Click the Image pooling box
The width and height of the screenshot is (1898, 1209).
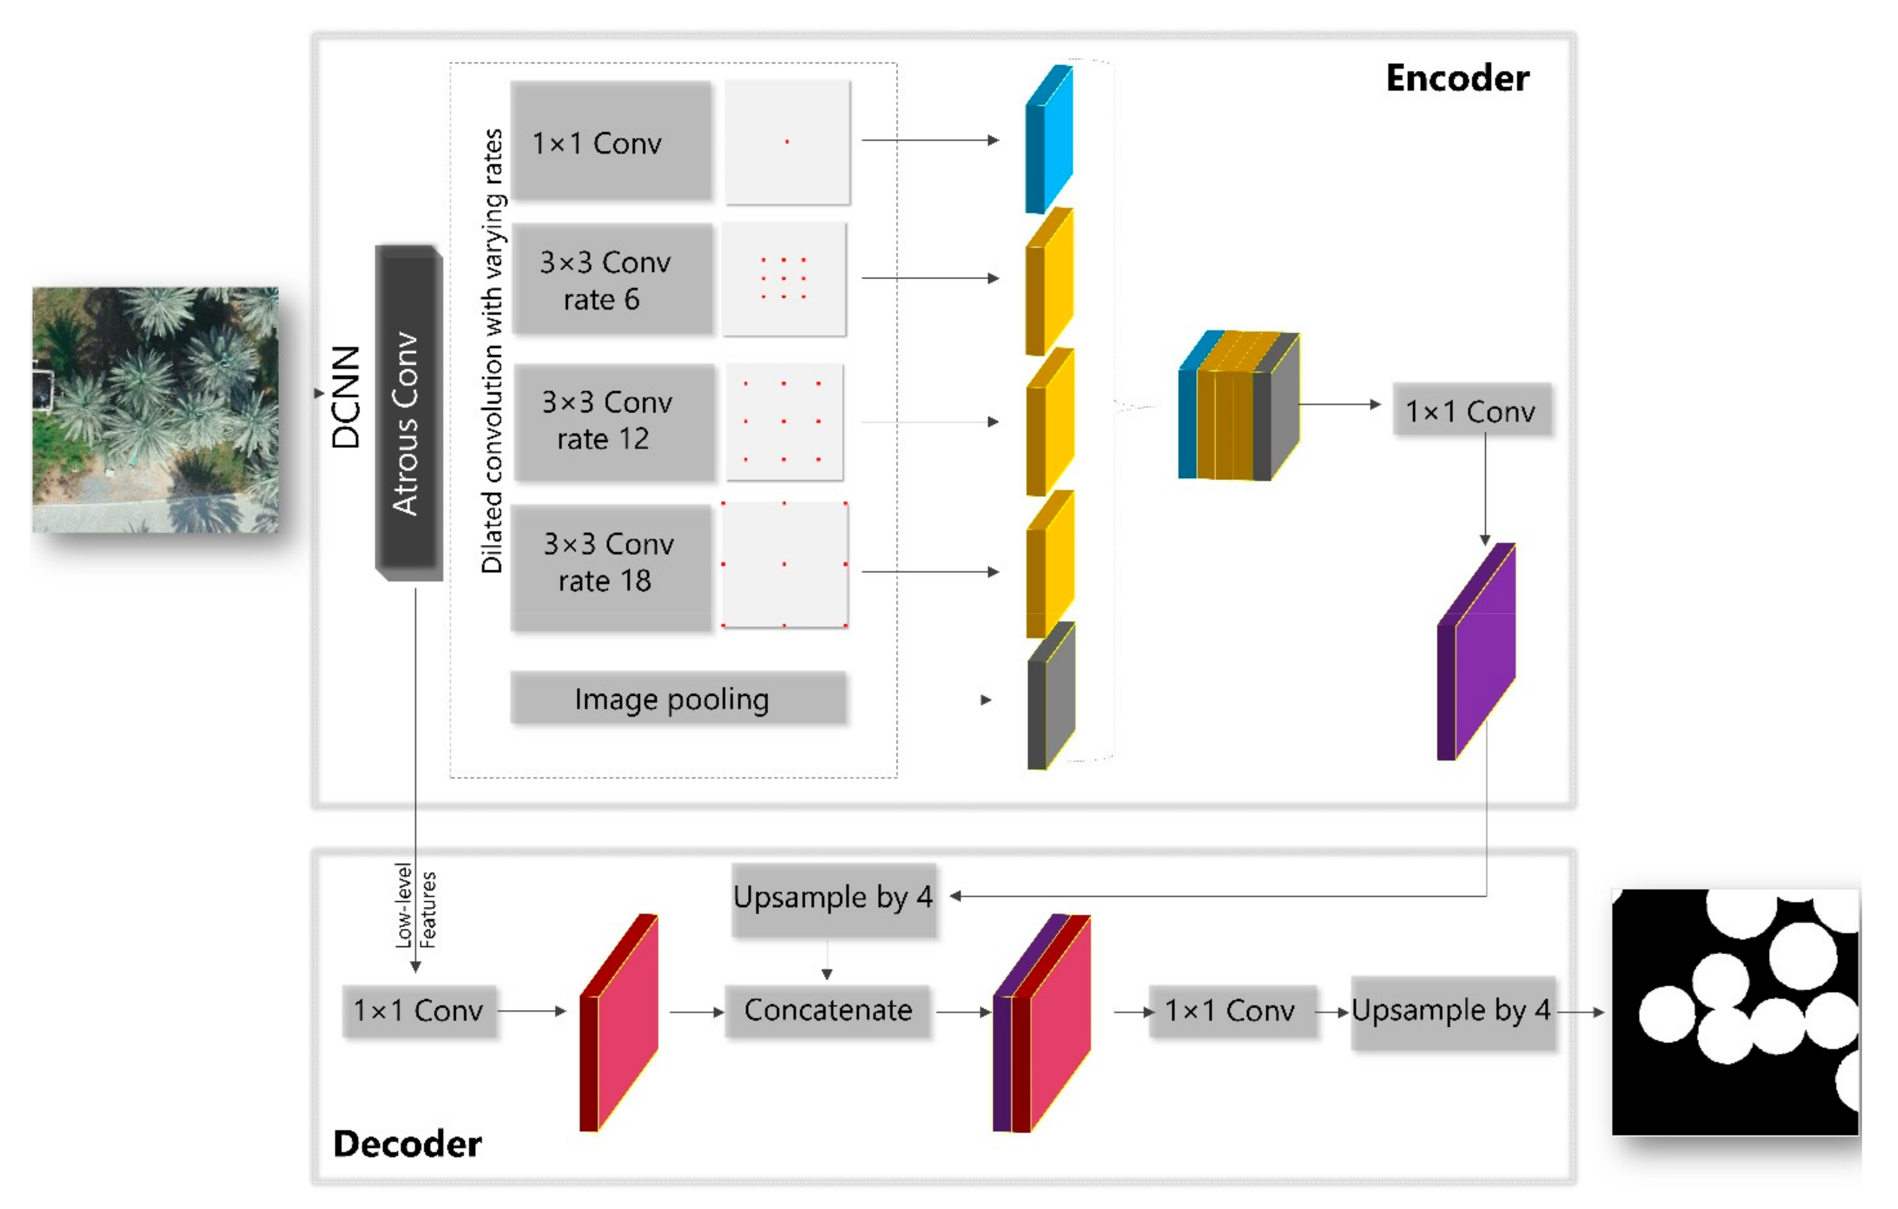(x=678, y=698)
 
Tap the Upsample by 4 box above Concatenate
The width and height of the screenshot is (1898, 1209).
(x=833, y=897)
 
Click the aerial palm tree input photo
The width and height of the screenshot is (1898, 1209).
(x=155, y=409)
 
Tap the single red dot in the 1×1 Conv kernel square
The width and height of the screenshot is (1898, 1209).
(x=787, y=142)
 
